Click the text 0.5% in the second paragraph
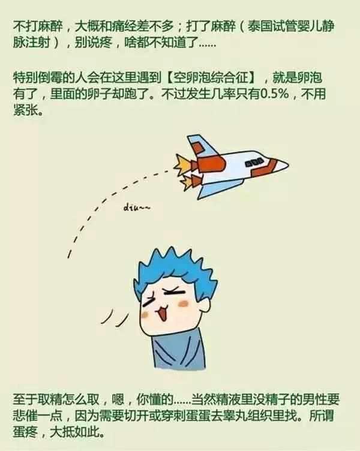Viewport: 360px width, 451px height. [x=275, y=94]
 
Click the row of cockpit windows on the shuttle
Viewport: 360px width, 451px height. [x=254, y=162]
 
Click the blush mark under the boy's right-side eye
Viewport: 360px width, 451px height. [x=184, y=303]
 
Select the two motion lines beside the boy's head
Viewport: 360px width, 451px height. [x=115, y=318]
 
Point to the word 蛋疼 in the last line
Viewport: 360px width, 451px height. [x=25, y=432]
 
